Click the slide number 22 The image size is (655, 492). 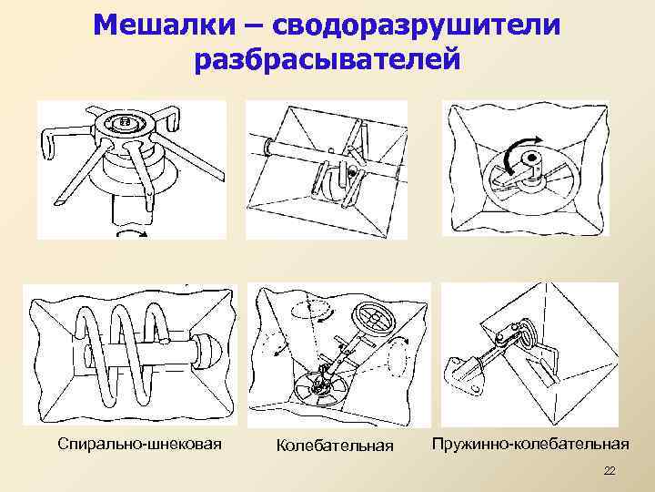(610, 470)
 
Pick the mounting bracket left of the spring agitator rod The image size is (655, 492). (461, 368)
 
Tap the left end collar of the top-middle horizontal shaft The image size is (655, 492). (269, 146)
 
